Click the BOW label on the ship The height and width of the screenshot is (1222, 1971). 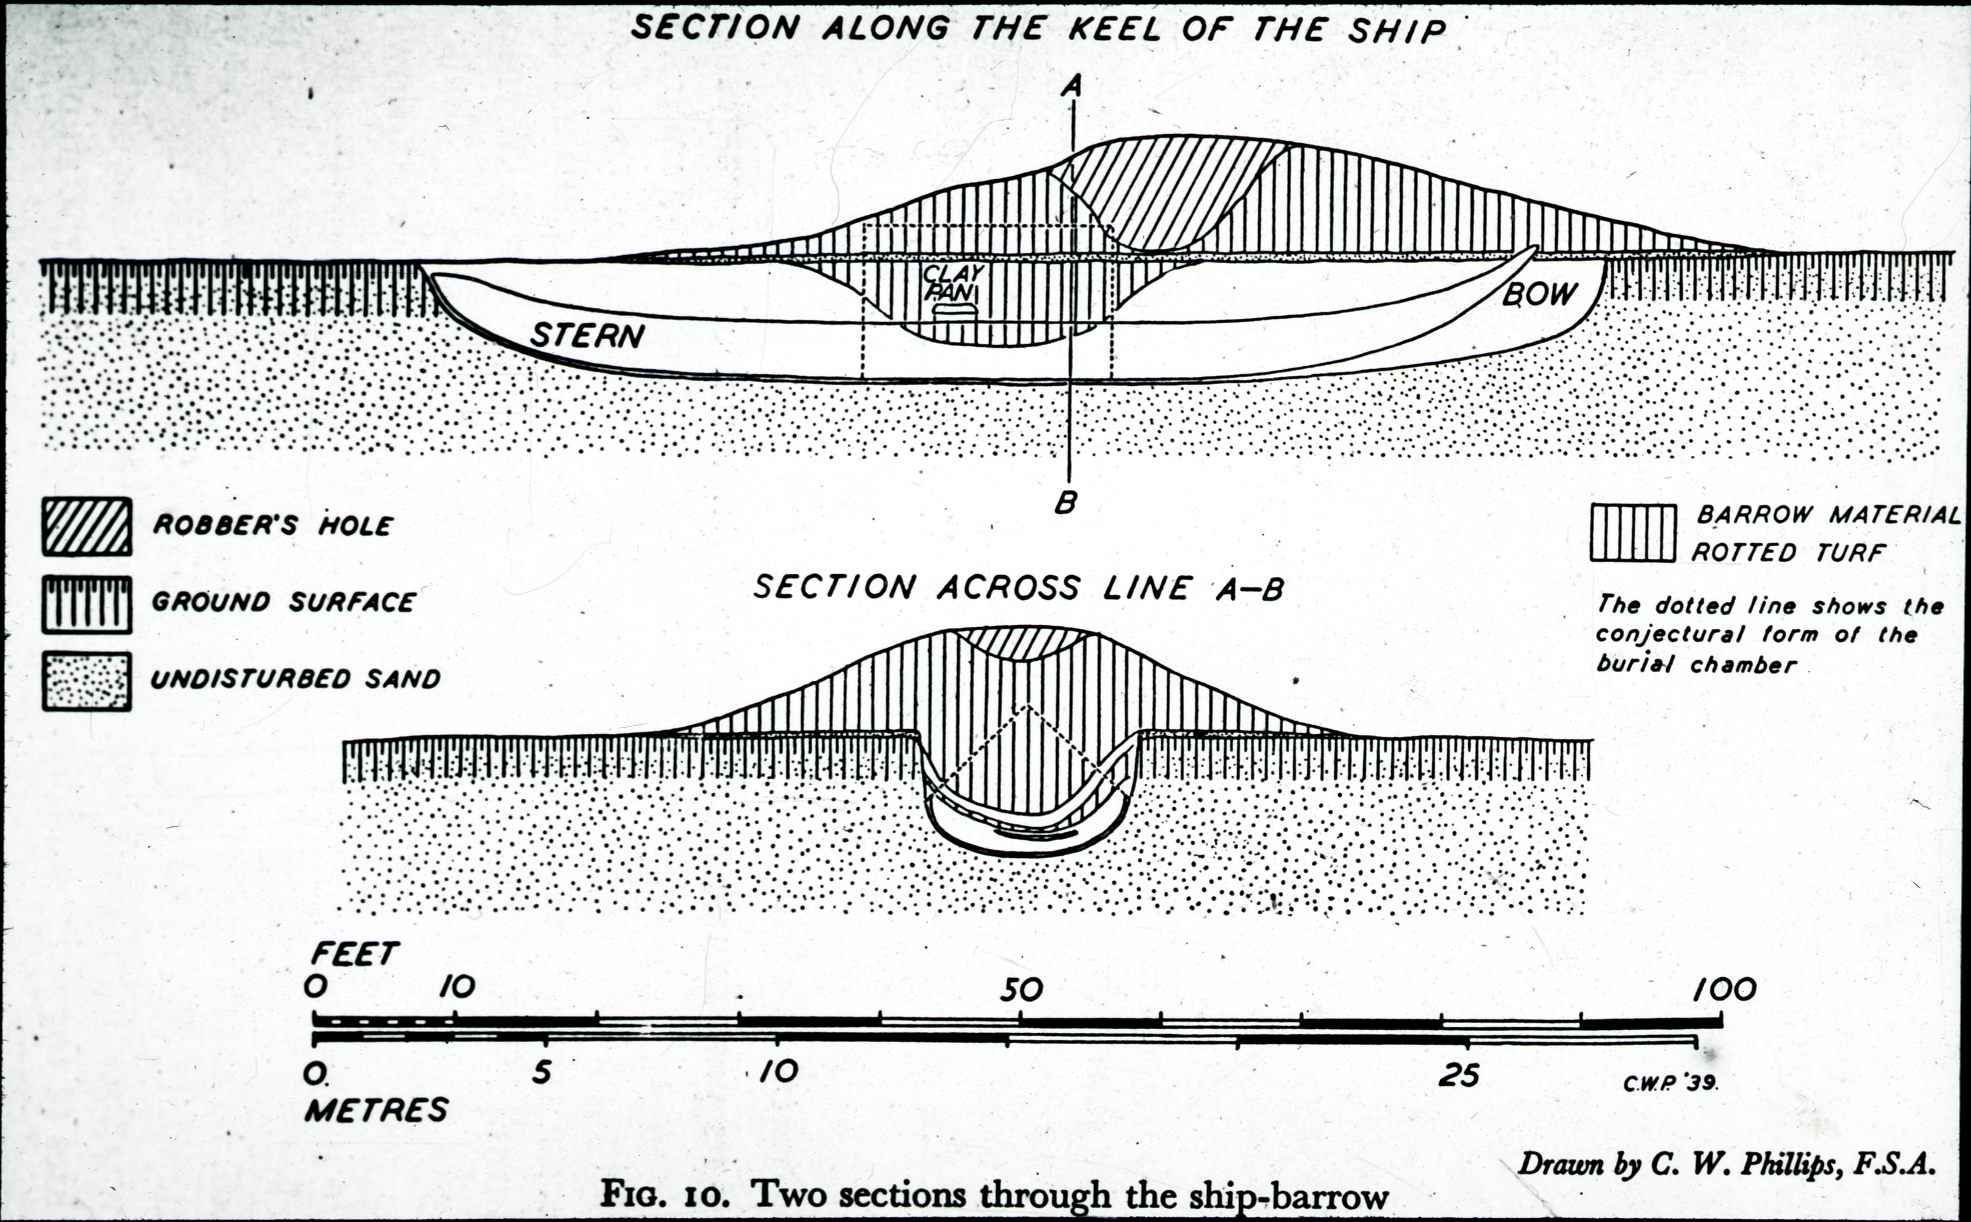(1539, 293)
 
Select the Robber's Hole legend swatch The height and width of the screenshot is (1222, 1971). (87, 526)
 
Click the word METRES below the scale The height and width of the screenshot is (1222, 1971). (376, 1110)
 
